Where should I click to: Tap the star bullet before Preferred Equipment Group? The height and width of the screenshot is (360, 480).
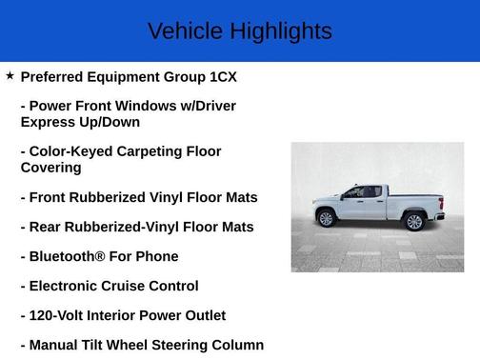pyautogui.click(x=10, y=75)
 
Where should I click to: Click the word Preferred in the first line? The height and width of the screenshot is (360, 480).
pyautogui.click(x=55, y=76)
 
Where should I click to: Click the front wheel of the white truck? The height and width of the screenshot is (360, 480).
pyautogui.click(x=327, y=219)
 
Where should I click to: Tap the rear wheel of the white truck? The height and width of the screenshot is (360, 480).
pyautogui.click(x=413, y=222)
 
